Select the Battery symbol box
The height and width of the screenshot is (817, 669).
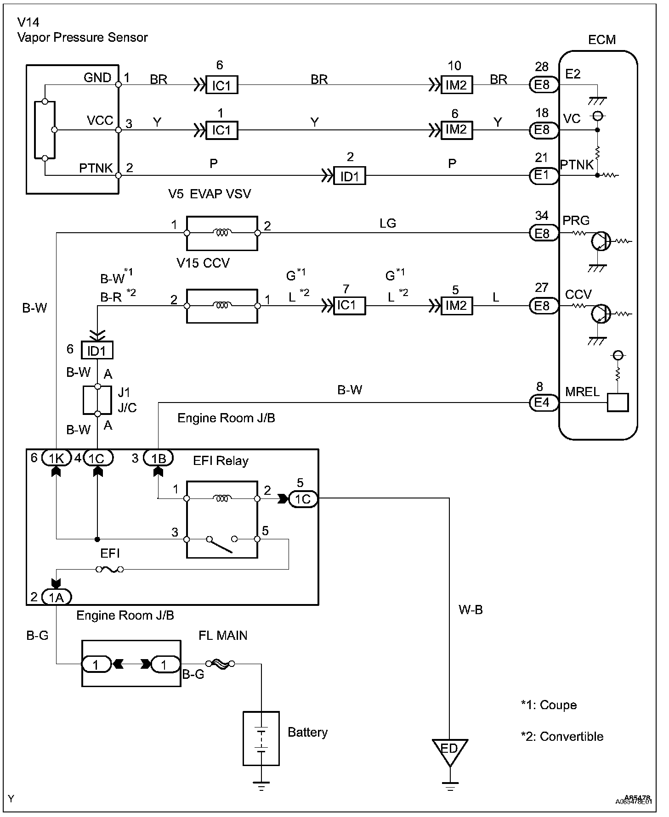click(x=261, y=738)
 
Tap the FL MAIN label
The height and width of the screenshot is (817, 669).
click(x=223, y=635)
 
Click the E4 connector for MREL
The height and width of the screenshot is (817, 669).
click(x=544, y=403)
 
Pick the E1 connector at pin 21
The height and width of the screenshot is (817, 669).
click(x=544, y=176)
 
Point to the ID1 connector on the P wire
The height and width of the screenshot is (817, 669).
click(x=350, y=176)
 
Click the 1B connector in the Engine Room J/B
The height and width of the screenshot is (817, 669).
click(x=158, y=458)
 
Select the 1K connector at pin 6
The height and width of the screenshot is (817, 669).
click(x=56, y=458)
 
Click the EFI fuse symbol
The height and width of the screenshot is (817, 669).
click(x=109, y=570)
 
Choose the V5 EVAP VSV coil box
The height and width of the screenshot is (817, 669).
click(x=222, y=233)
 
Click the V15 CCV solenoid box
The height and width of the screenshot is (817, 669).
click(x=222, y=306)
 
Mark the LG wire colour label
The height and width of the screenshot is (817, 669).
click(x=388, y=223)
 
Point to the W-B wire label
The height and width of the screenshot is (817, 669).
click(x=471, y=610)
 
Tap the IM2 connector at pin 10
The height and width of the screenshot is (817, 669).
click(x=457, y=85)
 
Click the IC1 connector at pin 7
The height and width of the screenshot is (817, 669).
click(x=350, y=306)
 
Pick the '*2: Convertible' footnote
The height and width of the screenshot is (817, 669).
click(x=562, y=737)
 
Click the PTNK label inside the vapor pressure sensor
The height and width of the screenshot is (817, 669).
click(x=96, y=168)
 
